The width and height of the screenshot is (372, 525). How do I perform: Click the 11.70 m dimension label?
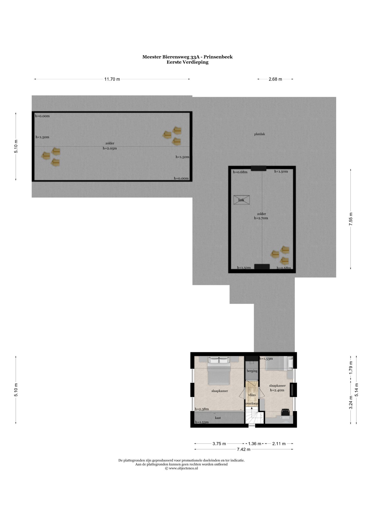click(x=112, y=79)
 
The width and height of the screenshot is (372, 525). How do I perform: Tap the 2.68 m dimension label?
click(x=275, y=79)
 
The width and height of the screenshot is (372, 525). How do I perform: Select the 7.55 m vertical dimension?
click(x=351, y=219)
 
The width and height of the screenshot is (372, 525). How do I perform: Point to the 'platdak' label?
click(x=259, y=134)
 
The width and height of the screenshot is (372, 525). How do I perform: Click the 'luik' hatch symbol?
click(x=242, y=200)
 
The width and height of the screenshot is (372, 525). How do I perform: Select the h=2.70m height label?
click(x=261, y=218)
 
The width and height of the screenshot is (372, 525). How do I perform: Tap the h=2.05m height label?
click(x=110, y=148)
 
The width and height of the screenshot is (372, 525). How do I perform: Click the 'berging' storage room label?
click(x=252, y=371)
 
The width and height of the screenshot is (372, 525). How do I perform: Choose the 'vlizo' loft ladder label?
click(x=252, y=395)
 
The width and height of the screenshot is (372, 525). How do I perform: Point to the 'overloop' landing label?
click(x=252, y=403)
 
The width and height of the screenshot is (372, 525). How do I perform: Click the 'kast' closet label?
click(x=218, y=418)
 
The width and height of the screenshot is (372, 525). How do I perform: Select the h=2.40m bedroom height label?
click(x=277, y=390)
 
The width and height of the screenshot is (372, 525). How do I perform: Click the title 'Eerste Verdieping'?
click(x=187, y=62)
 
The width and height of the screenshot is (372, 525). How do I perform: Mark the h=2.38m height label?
click(x=202, y=409)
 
